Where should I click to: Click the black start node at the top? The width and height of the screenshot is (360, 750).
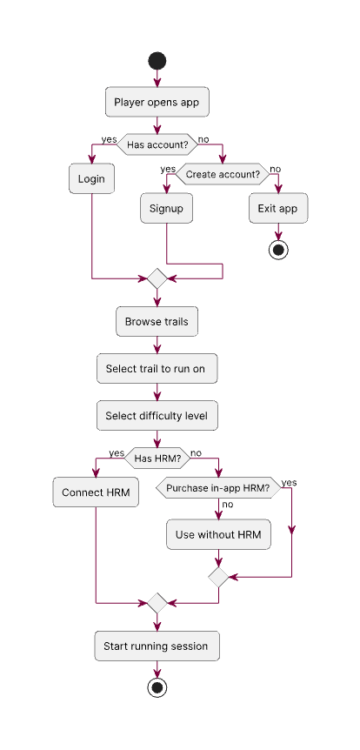157,60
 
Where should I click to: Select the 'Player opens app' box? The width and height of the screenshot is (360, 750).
157,102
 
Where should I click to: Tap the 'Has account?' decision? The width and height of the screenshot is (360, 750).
157,144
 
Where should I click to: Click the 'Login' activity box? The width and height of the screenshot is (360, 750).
91,179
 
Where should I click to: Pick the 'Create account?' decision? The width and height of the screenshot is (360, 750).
223,174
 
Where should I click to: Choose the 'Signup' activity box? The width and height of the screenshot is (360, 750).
166,209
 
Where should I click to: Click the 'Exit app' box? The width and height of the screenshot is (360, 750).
278,209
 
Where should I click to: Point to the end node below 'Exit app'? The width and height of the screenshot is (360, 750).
278,249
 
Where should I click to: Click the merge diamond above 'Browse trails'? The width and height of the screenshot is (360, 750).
157,278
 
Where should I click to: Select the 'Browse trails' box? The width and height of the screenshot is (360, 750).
157,321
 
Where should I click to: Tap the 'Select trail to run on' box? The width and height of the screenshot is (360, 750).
157,369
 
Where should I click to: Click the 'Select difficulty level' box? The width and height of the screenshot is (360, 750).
157,416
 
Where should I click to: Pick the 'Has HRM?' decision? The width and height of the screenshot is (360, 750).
157,458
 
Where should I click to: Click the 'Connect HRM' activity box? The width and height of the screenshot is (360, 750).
96,492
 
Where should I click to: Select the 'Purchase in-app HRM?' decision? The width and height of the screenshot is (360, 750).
218,488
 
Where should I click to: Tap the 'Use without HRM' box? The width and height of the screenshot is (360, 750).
218,534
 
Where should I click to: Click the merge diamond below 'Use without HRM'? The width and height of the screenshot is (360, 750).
218,576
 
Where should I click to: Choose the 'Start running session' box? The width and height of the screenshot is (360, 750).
157,646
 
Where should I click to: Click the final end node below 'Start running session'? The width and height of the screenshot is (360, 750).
157,687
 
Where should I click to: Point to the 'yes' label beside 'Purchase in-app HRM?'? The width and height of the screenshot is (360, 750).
289,483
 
